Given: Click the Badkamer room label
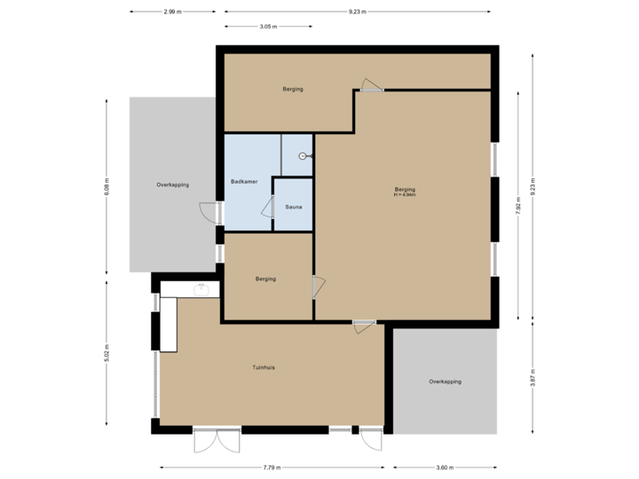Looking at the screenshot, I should [244, 182].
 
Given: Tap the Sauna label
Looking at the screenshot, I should [293, 208].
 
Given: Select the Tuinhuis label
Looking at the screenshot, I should [264, 367].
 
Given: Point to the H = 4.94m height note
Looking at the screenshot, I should [405, 195].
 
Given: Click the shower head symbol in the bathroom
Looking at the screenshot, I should [304, 155].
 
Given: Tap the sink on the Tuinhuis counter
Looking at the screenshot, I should [201, 288].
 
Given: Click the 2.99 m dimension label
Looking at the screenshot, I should [172, 12].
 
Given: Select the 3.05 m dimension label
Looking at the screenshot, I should [268, 27].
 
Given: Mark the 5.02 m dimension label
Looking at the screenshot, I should [106, 352].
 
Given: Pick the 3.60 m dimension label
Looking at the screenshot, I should [446, 467].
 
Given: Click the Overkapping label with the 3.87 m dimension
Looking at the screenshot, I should [446, 381].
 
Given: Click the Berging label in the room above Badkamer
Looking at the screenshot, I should [293, 90].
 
